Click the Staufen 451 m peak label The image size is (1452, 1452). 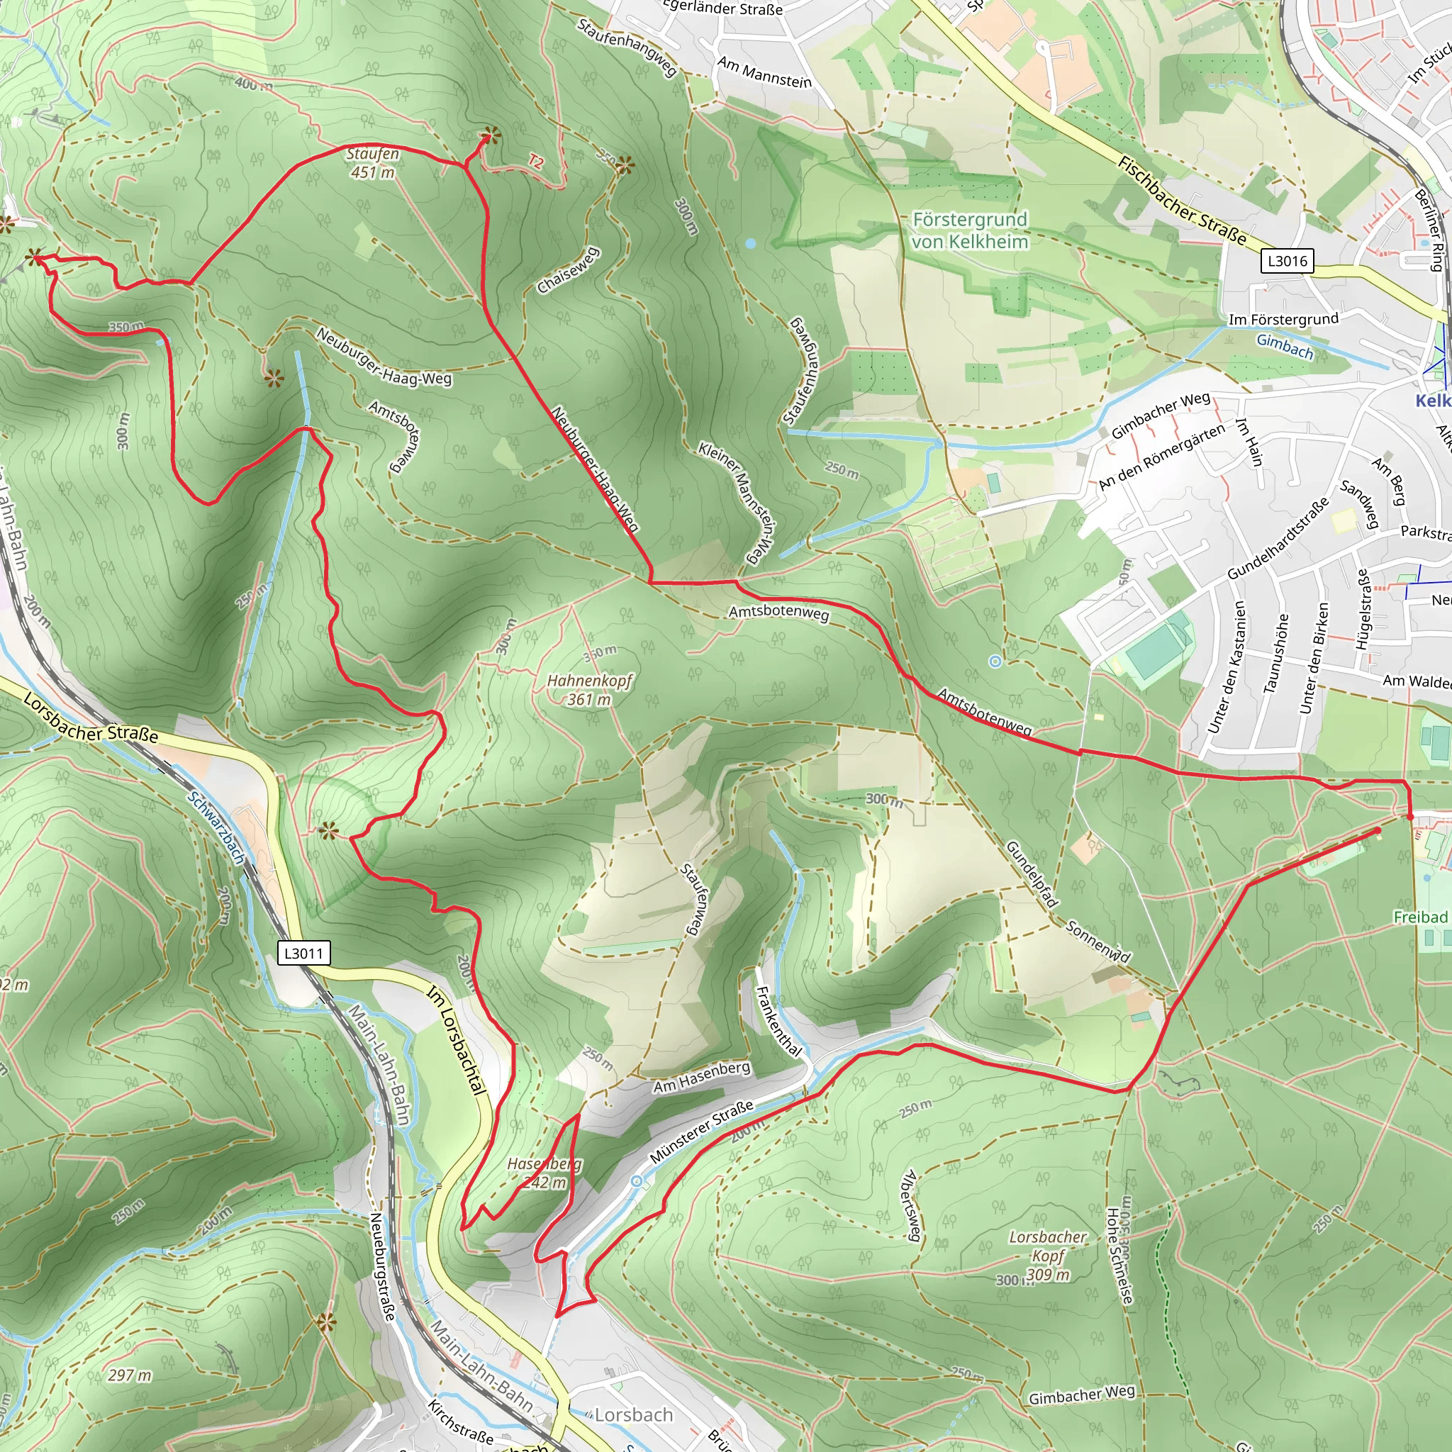click(x=372, y=163)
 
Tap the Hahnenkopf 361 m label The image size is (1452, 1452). click(x=589, y=690)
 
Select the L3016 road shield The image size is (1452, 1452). click(x=1288, y=261)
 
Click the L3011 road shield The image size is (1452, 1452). click(x=303, y=953)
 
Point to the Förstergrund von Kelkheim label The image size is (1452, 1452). click(x=969, y=230)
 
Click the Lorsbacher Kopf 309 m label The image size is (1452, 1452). click(x=1048, y=1255)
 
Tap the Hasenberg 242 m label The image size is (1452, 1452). click(x=544, y=1173)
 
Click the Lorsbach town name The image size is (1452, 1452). click(x=634, y=1414)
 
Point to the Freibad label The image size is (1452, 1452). click(x=1419, y=917)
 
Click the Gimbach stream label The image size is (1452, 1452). click(x=1285, y=347)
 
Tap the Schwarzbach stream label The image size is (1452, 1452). click(x=216, y=827)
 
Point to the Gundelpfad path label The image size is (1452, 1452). click(x=1032, y=874)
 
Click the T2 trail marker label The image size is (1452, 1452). click(x=535, y=161)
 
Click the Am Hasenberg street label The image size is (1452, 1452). click(x=701, y=1078)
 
